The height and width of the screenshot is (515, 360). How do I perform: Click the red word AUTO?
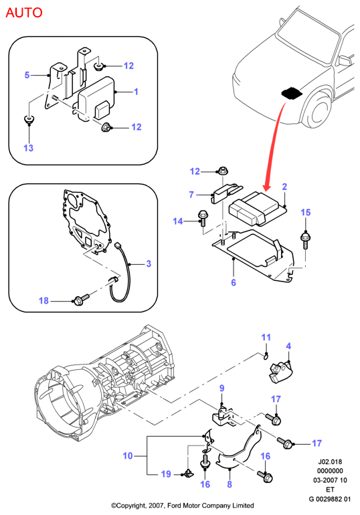pyautogui.click(x=24, y=13)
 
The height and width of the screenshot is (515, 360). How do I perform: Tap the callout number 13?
pyautogui.click(x=29, y=148)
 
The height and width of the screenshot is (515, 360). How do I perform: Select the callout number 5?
pyautogui.click(x=27, y=75)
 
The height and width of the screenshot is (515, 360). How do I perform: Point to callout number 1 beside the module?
pyautogui.click(x=136, y=92)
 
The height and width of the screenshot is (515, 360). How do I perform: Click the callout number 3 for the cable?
pyautogui.click(x=149, y=264)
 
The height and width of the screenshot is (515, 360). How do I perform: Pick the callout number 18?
pyautogui.click(x=43, y=300)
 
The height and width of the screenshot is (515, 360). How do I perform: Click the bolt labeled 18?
pyautogui.click(x=81, y=299)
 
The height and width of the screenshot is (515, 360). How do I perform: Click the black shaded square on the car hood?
pyautogui.click(x=292, y=92)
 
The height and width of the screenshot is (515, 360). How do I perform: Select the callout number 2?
pyautogui.click(x=284, y=187)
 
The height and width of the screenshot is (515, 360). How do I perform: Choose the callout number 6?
pyautogui.click(x=234, y=282)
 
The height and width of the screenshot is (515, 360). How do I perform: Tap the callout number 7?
pyautogui.click(x=191, y=195)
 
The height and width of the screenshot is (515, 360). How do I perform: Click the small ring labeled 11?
pyautogui.click(x=266, y=355)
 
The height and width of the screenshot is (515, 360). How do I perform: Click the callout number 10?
pyautogui.click(x=128, y=455)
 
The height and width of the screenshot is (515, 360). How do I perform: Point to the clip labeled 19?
pyautogui.click(x=188, y=474)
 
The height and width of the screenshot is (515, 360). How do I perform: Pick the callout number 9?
pyautogui.click(x=221, y=388)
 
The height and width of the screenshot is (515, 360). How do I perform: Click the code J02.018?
pyautogui.click(x=330, y=461)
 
